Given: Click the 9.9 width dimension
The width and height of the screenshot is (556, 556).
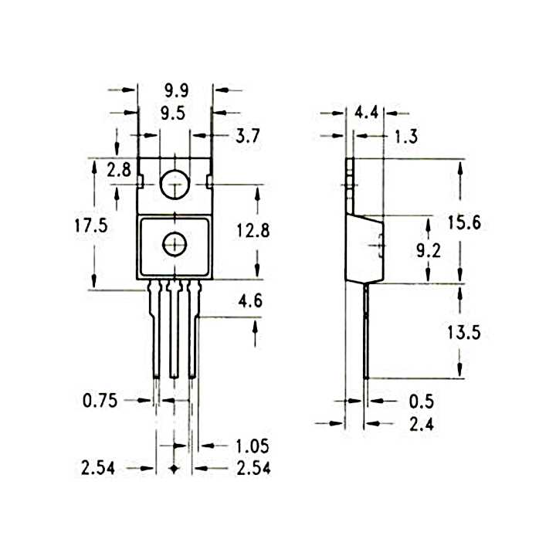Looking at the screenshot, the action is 177,91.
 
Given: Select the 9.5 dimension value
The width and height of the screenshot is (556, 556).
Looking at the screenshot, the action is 173,114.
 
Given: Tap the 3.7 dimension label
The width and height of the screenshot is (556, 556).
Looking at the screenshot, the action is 248,136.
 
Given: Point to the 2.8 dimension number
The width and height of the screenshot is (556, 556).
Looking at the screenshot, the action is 119,170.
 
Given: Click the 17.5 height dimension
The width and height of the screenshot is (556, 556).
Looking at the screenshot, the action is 91,225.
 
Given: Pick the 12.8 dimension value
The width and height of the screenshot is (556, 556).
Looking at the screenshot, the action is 253,230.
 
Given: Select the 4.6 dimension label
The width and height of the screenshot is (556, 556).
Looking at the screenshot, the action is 250,301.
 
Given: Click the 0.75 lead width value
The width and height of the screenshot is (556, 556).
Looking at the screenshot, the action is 100,401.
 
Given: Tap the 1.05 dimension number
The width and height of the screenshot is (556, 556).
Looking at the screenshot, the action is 253,446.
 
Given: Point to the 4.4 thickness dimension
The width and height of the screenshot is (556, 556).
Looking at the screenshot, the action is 367,113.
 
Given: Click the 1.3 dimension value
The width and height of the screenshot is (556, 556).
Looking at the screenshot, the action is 407,137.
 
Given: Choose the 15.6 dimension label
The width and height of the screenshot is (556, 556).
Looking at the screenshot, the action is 464,222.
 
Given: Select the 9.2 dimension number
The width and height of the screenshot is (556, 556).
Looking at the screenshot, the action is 429,251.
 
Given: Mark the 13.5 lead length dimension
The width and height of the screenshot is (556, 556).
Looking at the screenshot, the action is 464,333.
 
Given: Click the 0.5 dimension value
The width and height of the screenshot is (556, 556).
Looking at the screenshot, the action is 422,402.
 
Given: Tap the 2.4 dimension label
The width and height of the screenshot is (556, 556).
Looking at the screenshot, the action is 422,424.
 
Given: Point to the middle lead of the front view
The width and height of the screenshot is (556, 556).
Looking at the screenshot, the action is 174,329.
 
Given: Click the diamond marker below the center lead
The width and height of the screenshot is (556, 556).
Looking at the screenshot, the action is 174,469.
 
